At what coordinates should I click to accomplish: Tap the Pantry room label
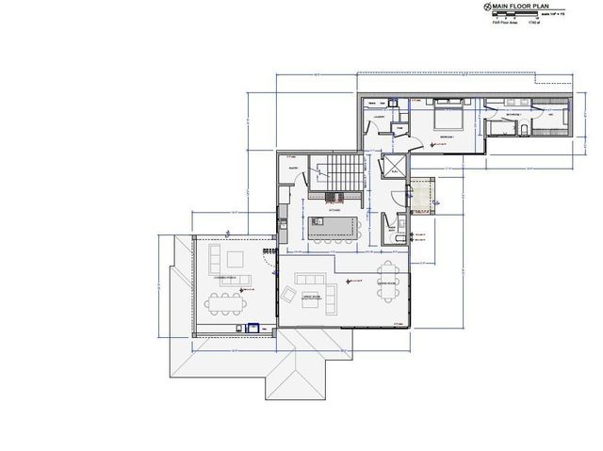(293, 169)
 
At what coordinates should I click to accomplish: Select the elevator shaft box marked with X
(393, 167)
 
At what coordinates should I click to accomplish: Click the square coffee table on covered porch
(233, 257)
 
